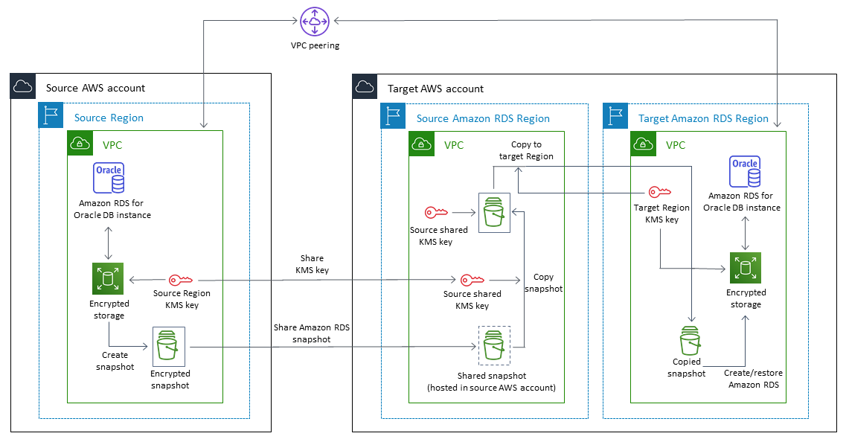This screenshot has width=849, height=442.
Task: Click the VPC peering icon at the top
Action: point(315,21)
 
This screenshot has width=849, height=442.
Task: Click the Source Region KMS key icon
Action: point(182,280)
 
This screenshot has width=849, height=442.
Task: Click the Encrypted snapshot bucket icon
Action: point(169,346)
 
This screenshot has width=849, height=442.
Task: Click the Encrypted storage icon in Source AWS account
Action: point(108,280)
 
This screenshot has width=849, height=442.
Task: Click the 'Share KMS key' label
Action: point(312,264)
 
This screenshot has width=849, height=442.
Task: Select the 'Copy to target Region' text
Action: point(526,150)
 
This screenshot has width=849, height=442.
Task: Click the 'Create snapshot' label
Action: point(115,361)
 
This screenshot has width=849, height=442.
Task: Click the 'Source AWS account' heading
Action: point(95,88)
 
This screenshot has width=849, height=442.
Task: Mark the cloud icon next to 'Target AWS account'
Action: point(365,86)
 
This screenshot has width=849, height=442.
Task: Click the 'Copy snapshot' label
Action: point(543,283)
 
